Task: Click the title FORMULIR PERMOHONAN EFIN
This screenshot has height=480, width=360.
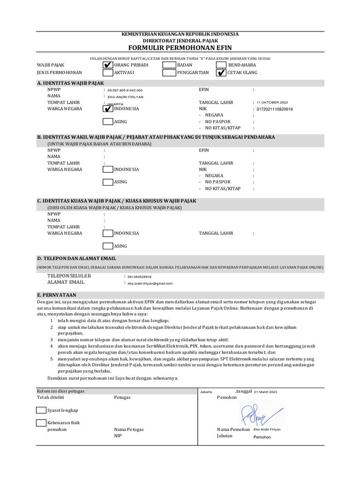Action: (x=180, y=48)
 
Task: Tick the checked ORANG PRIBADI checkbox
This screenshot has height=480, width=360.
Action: (x=107, y=65)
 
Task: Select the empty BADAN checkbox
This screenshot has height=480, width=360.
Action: (x=169, y=65)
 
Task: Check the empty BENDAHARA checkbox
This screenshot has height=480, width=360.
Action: (x=221, y=65)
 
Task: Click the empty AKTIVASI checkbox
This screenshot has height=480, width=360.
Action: (x=107, y=73)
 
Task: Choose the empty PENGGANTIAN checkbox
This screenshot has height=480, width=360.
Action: (x=169, y=73)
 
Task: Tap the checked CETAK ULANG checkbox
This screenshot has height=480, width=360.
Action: (x=221, y=73)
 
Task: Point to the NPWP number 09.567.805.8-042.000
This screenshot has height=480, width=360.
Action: (x=125, y=90)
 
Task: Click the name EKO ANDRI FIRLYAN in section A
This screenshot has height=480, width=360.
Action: (x=125, y=97)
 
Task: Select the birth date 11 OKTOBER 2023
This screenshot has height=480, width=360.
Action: (x=272, y=102)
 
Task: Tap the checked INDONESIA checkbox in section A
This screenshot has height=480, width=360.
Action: (x=107, y=109)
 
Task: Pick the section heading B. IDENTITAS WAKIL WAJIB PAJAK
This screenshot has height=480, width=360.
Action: (x=156, y=137)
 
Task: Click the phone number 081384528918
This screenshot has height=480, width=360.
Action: (x=139, y=277)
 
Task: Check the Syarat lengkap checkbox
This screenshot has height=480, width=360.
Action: (x=41, y=410)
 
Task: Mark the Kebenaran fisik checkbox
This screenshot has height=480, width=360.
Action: (x=41, y=423)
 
